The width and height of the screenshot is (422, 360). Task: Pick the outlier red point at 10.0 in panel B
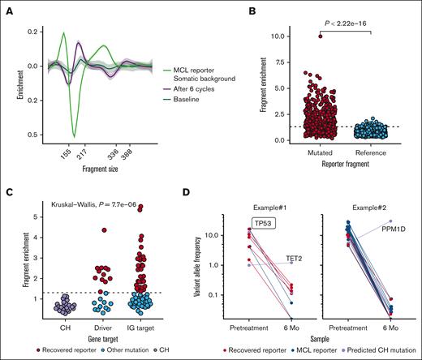(x=298, y=36)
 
